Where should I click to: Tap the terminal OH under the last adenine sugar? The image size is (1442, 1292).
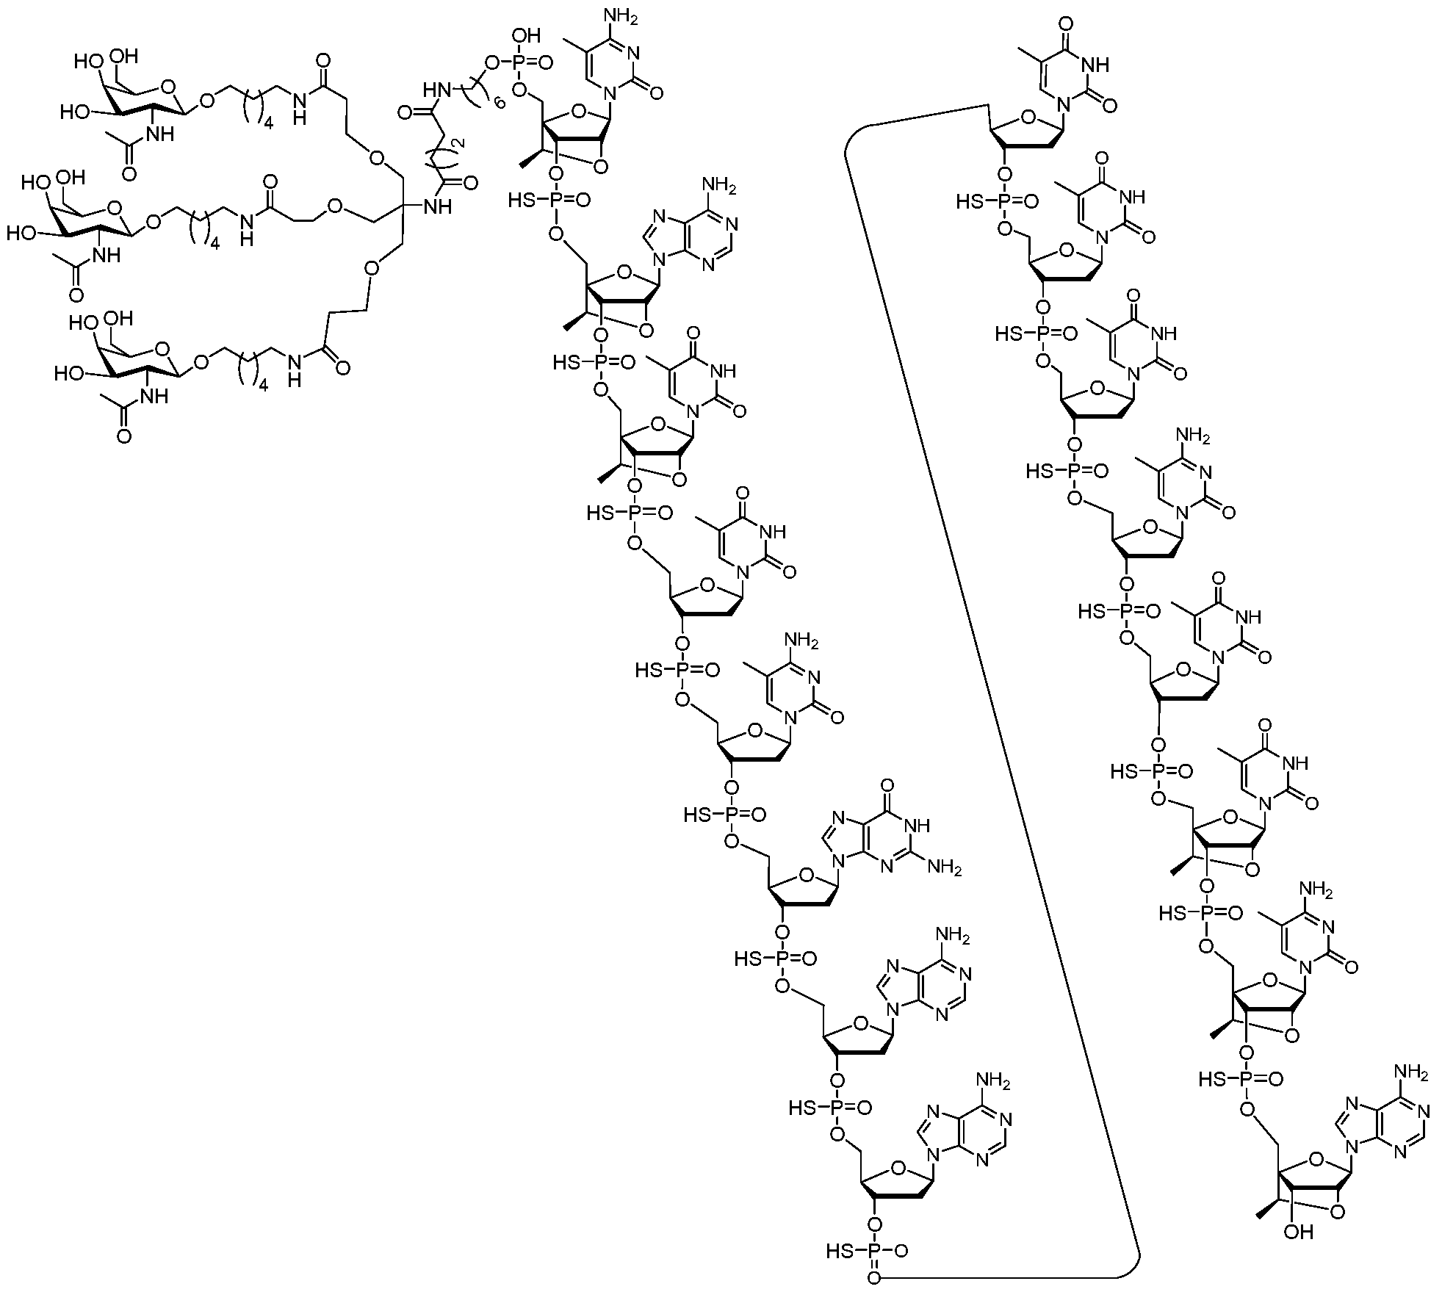(1299, 1253)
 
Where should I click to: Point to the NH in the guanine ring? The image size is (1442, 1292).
(919, 826)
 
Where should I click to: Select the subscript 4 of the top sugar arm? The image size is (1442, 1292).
(269, 124)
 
